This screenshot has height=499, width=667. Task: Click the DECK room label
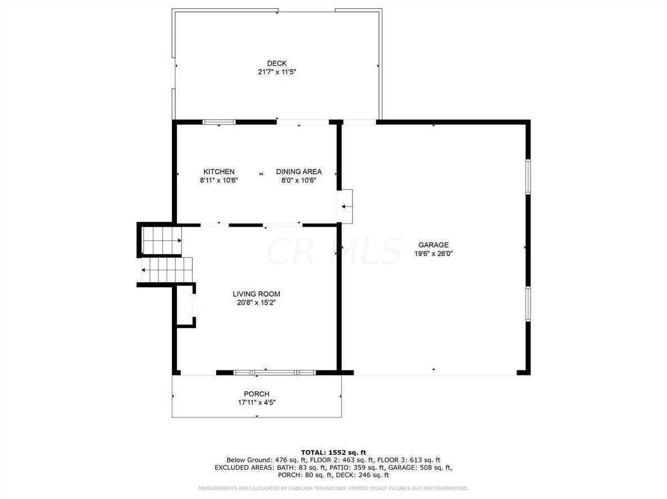coord(276,63)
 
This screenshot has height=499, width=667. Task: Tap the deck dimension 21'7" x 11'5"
coord(276,72)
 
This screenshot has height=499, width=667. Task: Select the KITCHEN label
coord(219,171)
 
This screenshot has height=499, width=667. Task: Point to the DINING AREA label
coord(299,171)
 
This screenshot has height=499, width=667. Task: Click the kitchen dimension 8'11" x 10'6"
coord(219,180)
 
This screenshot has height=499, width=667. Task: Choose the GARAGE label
coord(433,244)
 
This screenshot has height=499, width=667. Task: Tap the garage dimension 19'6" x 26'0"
coord(433,253)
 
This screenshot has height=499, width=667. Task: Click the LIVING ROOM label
coord(257,294)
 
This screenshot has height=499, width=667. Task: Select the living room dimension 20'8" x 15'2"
coord(257,303)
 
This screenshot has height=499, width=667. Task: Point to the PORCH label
coord(257,394)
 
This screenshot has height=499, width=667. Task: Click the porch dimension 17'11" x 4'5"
coord(257,402)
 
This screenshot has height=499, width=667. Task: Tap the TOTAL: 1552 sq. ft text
coord(333,452)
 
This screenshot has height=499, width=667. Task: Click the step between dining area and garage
coord(345,207)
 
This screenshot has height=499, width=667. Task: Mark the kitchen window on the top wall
coord(219,121)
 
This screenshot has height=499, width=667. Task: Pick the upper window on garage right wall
coord(528,177)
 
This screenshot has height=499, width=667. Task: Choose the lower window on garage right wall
coord(528,304)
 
